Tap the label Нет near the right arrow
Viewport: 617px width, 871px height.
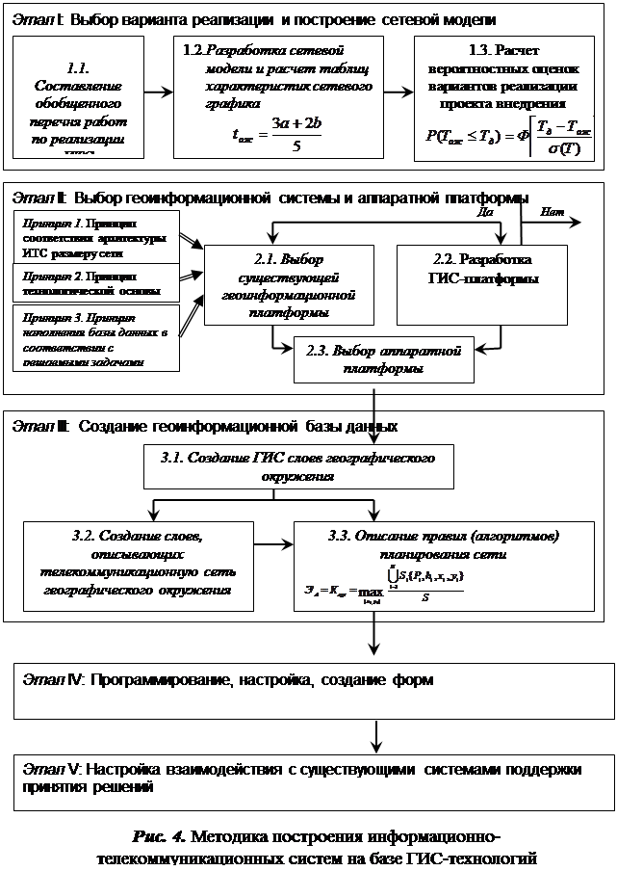(553, 211)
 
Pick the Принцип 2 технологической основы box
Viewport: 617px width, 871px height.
(92, 283)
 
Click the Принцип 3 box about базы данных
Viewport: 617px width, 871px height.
(92, 338)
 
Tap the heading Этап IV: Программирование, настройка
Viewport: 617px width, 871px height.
(227, 680)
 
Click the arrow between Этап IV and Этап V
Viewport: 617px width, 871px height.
(373, 734)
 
